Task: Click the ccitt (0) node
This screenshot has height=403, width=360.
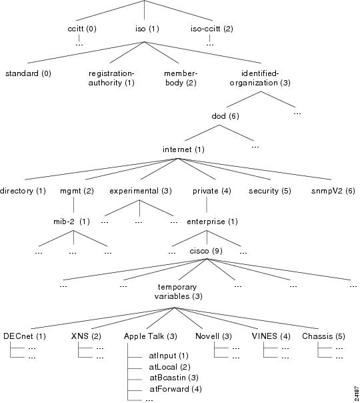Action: coord(82,29)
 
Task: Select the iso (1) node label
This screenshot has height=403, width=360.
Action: coord(147,29)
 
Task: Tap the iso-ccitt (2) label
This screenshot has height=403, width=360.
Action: coord(211,29)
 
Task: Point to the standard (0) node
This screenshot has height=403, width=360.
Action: coord(28,73)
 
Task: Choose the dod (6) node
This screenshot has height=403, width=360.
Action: coord(225,116)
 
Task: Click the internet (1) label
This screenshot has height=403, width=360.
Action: coord(183,149)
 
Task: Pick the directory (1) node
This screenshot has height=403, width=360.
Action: coord(23,191)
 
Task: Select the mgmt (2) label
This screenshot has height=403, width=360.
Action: coord(77,191)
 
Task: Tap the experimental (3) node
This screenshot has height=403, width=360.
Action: coord(141,191)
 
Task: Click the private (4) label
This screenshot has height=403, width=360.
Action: coord(212,191)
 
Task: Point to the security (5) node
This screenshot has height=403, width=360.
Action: coord(269,191)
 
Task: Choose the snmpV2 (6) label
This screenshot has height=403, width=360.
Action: coord(333,191)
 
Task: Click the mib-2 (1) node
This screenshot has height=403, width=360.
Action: coord(71,222)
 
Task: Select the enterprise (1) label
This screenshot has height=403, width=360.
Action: coord(212,222)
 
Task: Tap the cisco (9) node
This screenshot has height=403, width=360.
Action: coord(206,251)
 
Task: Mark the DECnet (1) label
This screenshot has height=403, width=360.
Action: coord(25,336)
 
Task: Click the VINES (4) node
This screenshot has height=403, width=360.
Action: coord(271,336)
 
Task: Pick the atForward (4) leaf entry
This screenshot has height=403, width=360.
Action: coord(175,389)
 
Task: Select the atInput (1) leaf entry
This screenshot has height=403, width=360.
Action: coord(169,356)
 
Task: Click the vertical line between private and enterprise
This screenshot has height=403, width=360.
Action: coord(207,205)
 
